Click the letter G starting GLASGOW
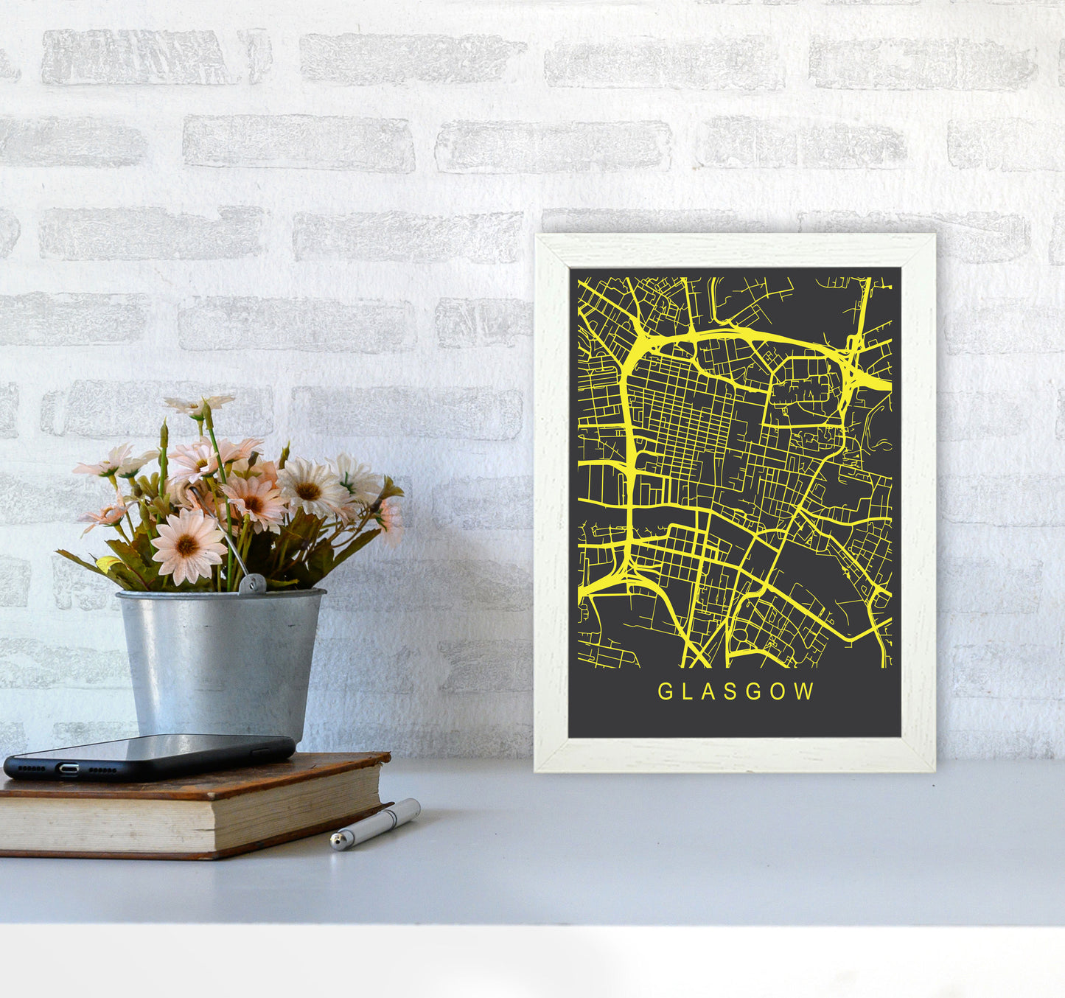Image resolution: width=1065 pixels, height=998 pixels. click(664, 691)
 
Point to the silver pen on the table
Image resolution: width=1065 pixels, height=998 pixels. click(375, 824)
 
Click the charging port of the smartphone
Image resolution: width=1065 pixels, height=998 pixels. click(69, 770)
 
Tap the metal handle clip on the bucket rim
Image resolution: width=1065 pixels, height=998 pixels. click(252, 584)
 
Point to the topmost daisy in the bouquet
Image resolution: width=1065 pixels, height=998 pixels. click(199, 404)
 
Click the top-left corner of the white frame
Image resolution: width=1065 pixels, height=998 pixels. click(538, 237)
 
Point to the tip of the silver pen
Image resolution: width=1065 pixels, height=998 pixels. click(335, 842)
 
